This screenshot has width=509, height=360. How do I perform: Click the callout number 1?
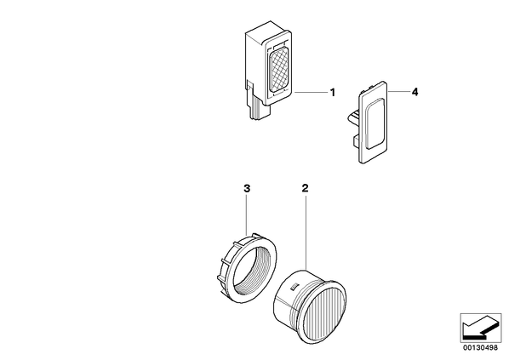point(332,93)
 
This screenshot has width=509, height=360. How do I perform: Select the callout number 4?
point(415,92)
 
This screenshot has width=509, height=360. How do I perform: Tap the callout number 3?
point(247,188)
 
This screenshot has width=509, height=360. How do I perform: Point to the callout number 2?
point(305,188)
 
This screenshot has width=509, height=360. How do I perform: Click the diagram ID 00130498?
point(480,348)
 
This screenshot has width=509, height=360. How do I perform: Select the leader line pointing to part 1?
point(311,93)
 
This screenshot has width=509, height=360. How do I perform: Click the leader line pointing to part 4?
point(398,92)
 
